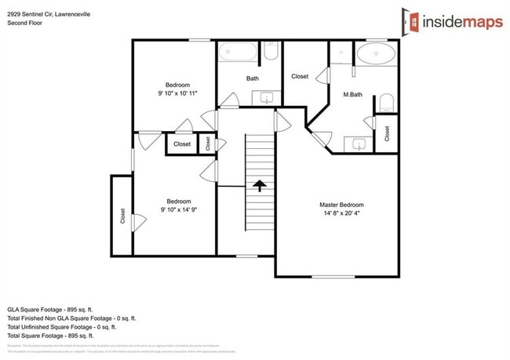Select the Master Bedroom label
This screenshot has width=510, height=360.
341,205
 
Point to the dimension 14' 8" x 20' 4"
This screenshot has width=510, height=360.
341,213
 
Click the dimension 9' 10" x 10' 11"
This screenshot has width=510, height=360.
177,93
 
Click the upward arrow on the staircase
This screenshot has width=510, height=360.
259,185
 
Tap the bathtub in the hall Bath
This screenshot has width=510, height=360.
237,53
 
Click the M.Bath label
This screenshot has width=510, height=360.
352,95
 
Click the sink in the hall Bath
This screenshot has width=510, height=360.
266,98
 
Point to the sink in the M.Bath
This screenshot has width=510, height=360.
359,144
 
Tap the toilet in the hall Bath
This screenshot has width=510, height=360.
271,52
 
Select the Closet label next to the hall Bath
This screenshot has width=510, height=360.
300,77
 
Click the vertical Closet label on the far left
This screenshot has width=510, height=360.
123,216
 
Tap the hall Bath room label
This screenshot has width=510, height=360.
253,78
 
